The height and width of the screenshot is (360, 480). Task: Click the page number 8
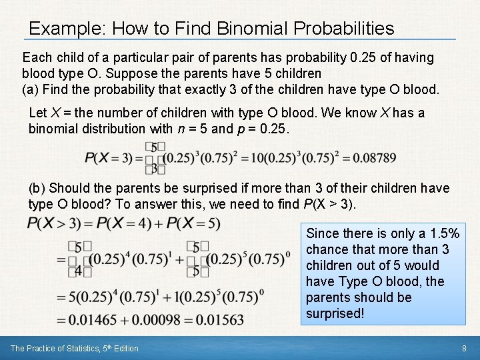[x=463, y=348]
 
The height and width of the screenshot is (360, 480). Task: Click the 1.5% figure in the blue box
[x=441, y=233]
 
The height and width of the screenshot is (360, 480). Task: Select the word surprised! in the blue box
[x=335, y=313]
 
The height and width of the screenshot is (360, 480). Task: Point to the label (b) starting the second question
[x=37, y=189]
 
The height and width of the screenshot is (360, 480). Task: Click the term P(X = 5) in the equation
[x=193, y=223]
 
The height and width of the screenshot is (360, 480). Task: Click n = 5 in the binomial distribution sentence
[x=195, y=128]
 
